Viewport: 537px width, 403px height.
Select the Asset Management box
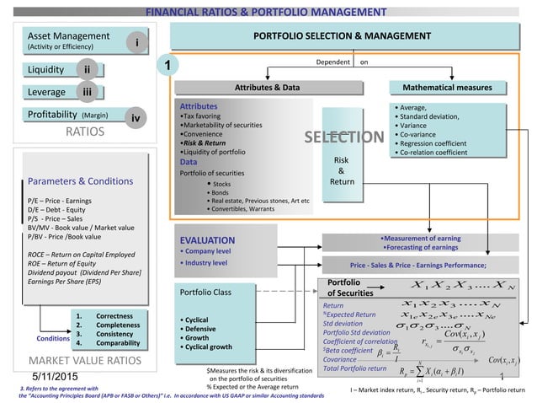click(x=67, y=41)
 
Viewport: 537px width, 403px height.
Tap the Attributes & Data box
click(x=265, y=87)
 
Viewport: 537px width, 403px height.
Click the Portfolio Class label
click(x=207, y=292)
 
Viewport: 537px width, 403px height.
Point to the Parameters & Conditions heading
click(x=77, y=179)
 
